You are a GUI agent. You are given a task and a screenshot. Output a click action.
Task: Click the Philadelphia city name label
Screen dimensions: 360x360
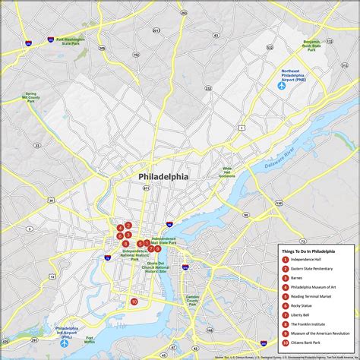tap(163, 176)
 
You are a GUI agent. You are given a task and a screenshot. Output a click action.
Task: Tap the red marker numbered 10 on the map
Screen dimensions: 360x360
tap(134, 302)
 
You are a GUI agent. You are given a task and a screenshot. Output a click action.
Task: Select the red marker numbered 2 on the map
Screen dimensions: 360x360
tap(128, 225)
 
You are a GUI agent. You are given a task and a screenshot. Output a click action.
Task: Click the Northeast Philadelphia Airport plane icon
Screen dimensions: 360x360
tap(281, 85)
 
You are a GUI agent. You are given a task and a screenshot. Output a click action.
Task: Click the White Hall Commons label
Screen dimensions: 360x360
tap(226, 172)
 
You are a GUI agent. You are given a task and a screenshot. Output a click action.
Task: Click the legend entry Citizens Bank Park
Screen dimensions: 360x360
tap(308, 342)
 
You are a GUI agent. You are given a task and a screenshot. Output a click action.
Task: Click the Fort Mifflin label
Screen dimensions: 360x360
tap(90, 339)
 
